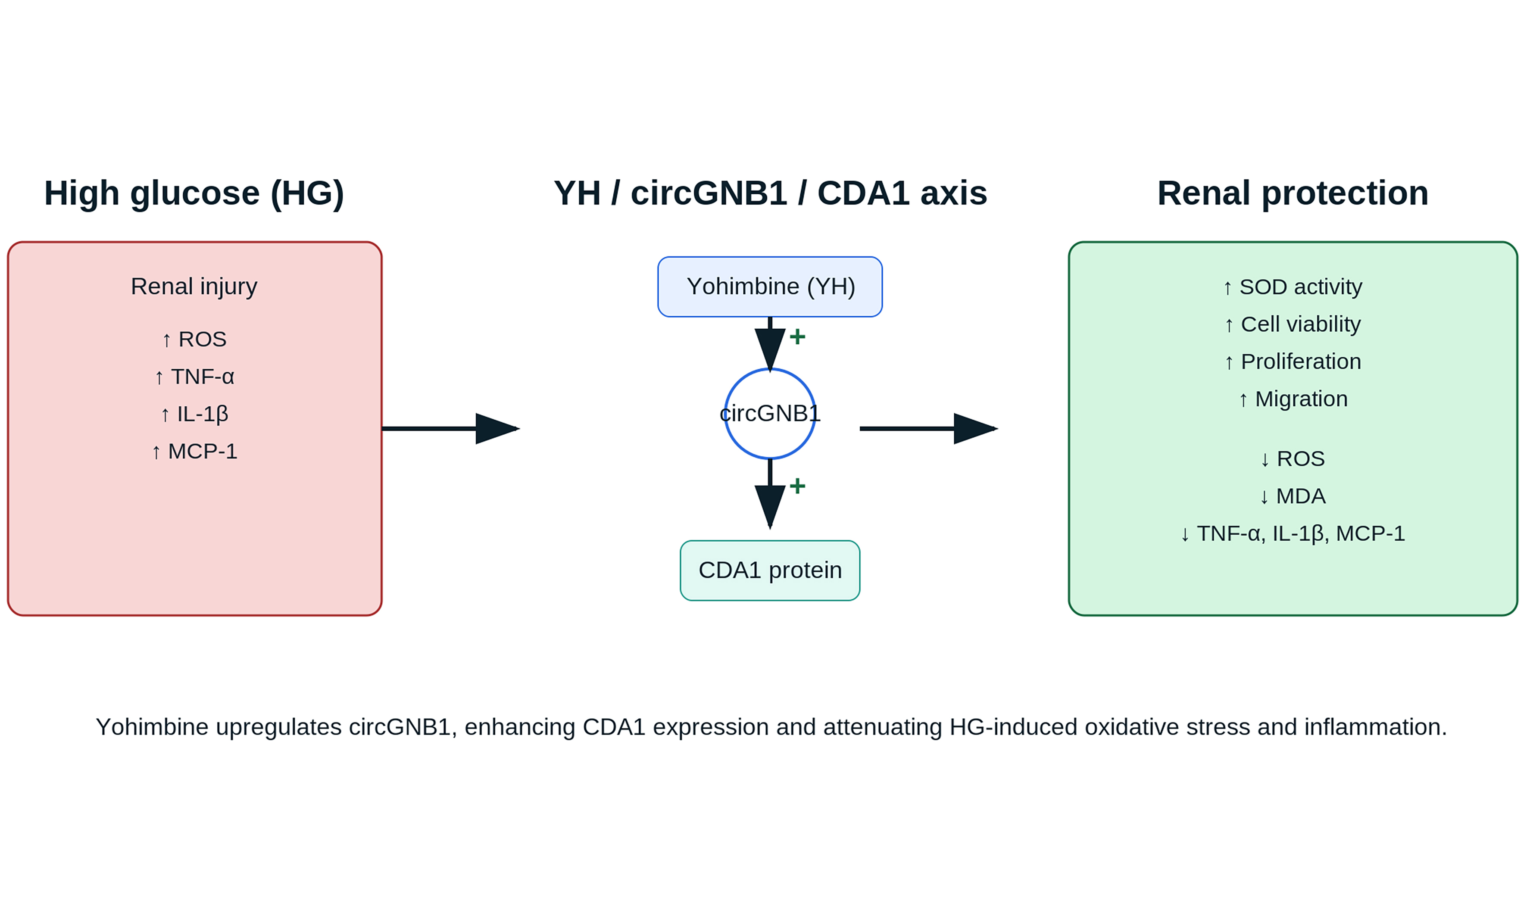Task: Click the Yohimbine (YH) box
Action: pyautogui.click(x=770, y=287)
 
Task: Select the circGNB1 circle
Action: pyautogui.click(x=770, y=414)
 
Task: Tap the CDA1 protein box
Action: pyautogui.click(x=770, y=570)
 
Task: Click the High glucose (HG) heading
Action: pyautogui.click(x=194, y=193)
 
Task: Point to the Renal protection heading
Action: pyautogui.click(x=1293, y=193)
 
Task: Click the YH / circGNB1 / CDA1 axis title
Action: pyautogui.click(x=770, y=193)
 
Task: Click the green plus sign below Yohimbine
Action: pyautogui.click(x=797, y=336)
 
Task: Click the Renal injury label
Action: pyautogui.click(x=194, y=287)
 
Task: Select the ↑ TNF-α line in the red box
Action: pyautogui.click(x=194, y=377)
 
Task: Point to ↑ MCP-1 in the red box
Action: pyautogui.click(x=194, y=451)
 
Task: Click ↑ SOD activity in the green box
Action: pyautogui.click(x=1293, y=287)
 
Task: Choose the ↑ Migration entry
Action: pyautogui.click(x=1293, y=399)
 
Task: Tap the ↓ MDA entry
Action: pyautogui.click(x=1293, y=496)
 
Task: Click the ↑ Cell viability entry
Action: pyautogui.click(x=1293, y=324)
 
